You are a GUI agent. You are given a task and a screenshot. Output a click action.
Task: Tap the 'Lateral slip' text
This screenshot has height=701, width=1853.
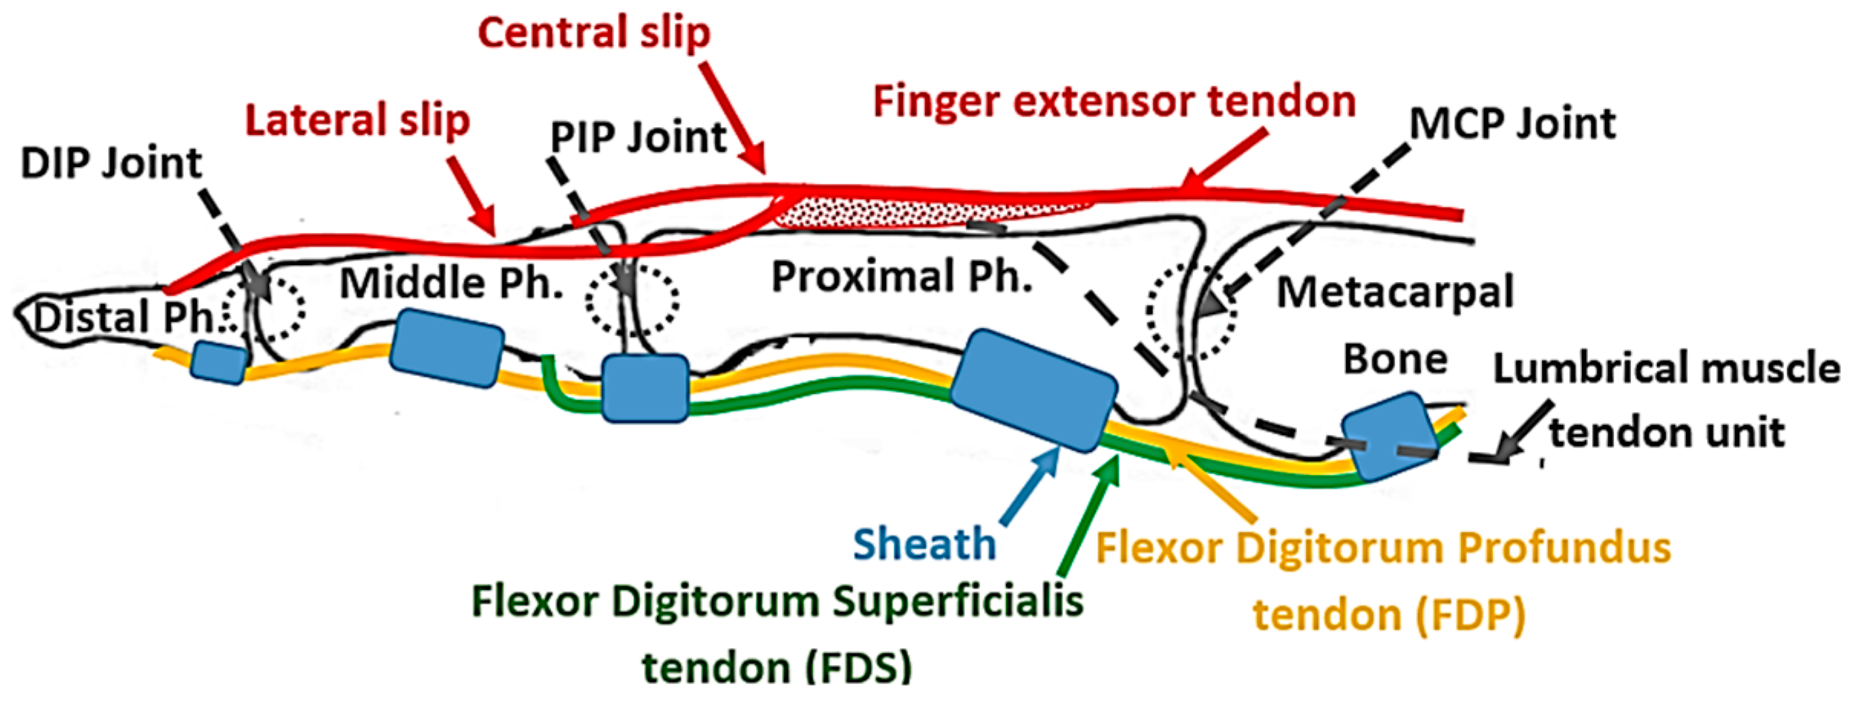[357, 121]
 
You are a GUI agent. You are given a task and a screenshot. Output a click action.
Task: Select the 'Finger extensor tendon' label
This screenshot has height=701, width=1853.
[1114, 102]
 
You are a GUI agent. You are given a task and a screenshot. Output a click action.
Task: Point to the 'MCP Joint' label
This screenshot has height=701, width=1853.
[1512, 123]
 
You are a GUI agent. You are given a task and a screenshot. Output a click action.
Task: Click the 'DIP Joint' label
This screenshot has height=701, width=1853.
[111, 163]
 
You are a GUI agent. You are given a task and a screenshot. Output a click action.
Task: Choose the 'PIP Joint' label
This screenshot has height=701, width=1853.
[638, 138]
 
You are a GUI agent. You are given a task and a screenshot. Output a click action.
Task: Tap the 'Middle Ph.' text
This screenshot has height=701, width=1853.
[451, 283]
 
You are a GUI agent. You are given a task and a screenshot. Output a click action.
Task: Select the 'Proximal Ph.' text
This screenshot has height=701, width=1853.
[901, 277]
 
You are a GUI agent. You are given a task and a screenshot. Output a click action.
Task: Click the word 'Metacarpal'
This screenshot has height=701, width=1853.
[1394, 293]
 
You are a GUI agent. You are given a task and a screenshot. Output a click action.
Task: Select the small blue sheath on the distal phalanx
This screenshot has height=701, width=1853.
[219, 362]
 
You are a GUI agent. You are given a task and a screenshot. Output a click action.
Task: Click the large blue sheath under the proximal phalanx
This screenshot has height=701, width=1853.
[1033, 391]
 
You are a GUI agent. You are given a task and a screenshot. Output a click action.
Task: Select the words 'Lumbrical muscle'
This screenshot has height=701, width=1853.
[1666, 369]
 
